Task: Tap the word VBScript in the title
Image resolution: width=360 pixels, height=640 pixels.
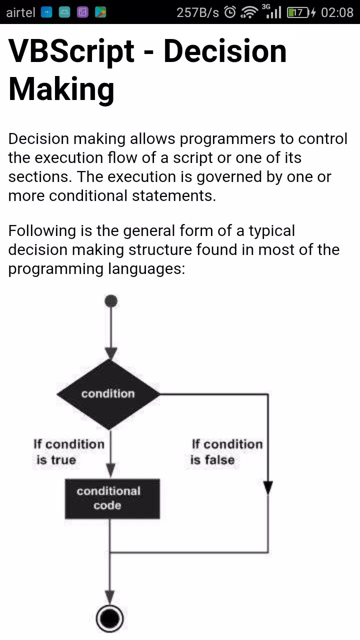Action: coord(71,51)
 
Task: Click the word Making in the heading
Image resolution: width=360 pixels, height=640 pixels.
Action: coord(61,89)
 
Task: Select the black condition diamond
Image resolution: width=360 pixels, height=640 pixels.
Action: coord(108,394)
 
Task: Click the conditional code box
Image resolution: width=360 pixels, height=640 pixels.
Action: coord(112,498)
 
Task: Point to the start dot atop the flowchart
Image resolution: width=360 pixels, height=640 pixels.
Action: coord(111,301)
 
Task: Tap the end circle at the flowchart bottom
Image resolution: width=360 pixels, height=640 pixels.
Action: coord(110,618)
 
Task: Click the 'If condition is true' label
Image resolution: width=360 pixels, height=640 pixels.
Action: coord(68,451)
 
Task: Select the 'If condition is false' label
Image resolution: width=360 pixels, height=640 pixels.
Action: coord(226,451)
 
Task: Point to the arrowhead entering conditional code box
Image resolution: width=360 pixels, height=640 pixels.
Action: coord(111,470)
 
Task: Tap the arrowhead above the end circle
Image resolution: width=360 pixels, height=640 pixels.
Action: coord(110,597)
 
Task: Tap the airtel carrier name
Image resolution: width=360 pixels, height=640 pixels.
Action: coord(20,12)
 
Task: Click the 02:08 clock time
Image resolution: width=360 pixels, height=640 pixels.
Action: coord(337,12)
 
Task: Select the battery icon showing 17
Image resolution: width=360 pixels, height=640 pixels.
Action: coord(298,12)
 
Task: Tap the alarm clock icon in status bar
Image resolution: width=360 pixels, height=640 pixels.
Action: coord(230,12)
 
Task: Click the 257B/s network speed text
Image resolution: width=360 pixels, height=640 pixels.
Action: coord(197,12)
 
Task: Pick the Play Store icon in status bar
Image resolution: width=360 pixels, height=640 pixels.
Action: coord(100,12)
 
